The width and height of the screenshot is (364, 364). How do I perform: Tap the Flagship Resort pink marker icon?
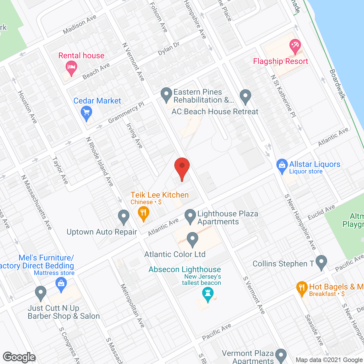(295, 46)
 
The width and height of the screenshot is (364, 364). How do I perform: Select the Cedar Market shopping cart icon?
(86, 113)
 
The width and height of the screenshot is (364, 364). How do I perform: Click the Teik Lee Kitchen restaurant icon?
(144, 213)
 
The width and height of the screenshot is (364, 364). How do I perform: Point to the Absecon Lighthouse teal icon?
(208, 294)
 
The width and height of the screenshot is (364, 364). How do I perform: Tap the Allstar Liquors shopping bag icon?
(282, 166)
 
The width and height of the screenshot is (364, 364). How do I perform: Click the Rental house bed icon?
(71, 68)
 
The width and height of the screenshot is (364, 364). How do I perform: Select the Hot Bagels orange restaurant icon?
(302, 288)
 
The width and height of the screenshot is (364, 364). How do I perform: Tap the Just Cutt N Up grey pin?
(41, 293)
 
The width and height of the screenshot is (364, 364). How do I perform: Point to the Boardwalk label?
(337, 84)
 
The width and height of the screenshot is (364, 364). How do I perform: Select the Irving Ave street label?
(134, 136)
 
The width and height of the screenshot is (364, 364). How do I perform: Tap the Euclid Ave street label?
(321, 212)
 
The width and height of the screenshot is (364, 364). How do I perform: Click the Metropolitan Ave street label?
(133, 306)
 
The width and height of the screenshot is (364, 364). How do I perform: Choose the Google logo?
(19, 357)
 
